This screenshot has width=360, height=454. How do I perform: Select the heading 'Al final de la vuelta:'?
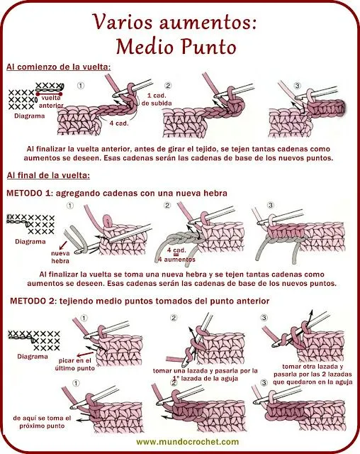tap(48, 175)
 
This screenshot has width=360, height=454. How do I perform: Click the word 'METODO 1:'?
tap(33, 193)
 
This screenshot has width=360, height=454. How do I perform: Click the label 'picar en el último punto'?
tap(74, 364)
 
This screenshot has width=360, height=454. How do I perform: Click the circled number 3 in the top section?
tap(297, 86)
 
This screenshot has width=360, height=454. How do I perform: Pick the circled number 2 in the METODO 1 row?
tap(168, 206)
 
